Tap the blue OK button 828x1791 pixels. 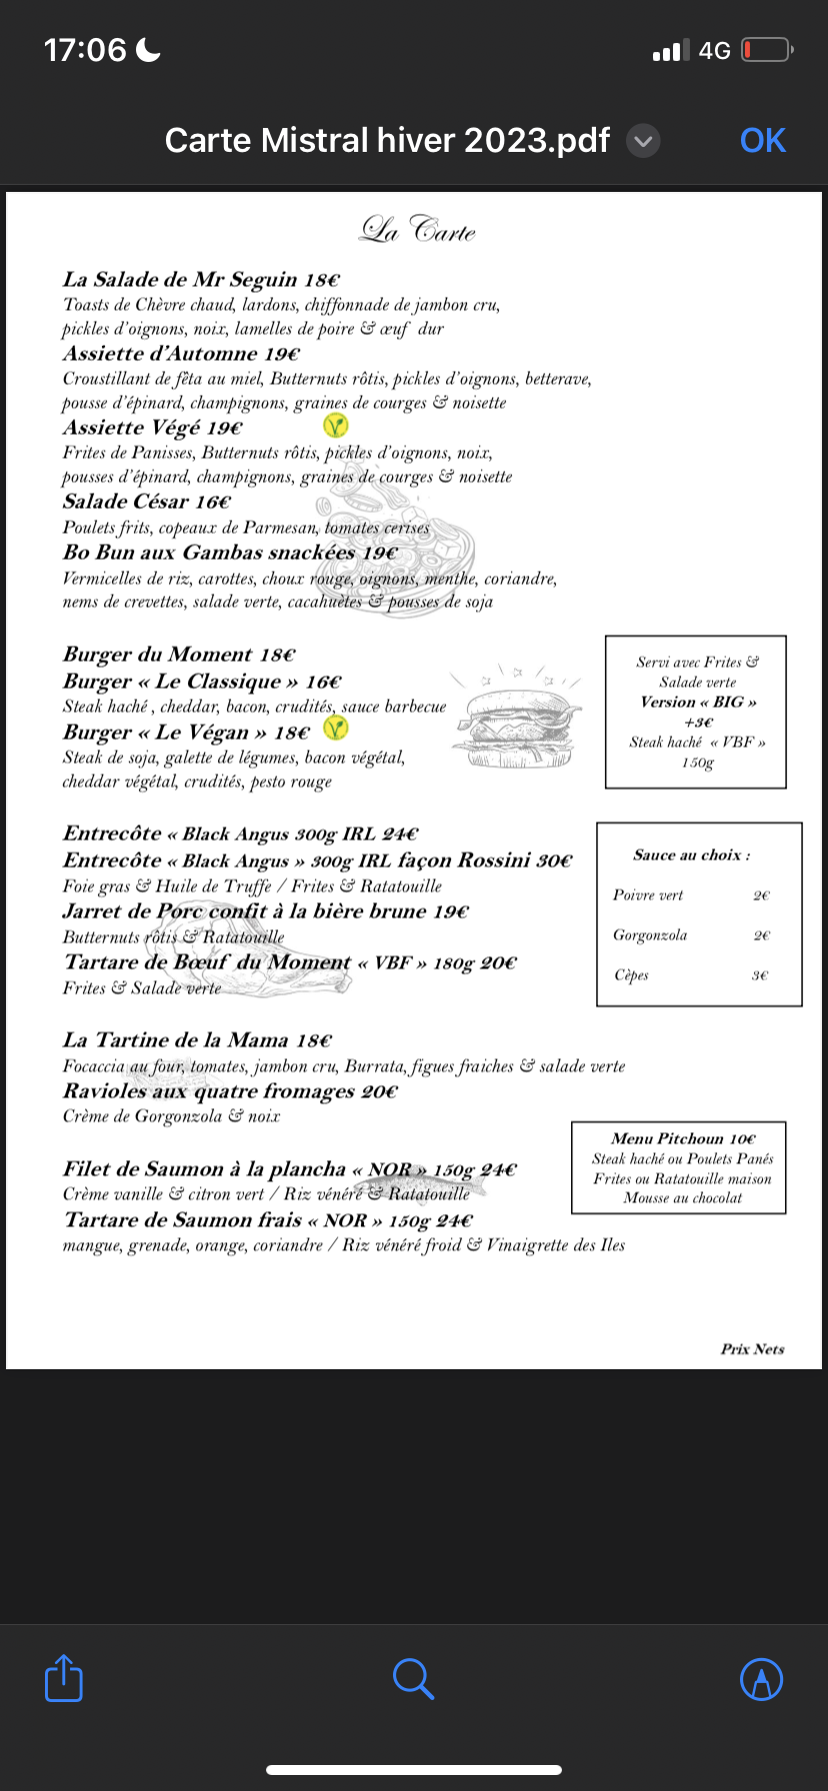tap(762, 141)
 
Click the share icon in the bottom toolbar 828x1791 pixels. tap(64, 1678)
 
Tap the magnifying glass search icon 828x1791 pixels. tap(413, 1679)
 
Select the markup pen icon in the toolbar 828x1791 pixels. tap(761, 1679)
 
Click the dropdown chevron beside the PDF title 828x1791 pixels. tap(643, 142)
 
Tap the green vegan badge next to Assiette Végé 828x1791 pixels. tap(336, 427)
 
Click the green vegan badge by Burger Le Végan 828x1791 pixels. tap(336, 730)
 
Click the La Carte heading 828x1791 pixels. tap(418, 231)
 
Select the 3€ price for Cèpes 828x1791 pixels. tap(761, 975)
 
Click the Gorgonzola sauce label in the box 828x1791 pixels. tap(650, 935)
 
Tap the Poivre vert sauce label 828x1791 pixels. tap(648, 895)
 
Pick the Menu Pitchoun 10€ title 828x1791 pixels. tap(683, 1138)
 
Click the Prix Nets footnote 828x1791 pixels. tap(752, 1349)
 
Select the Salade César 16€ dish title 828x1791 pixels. tap(147, 502)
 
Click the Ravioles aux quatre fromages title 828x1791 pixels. tap(230, 1091)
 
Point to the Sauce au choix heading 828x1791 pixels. tap(691, 856)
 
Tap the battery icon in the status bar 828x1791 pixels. tap(767, 50)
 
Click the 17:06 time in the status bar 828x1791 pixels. tap(85, 50)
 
